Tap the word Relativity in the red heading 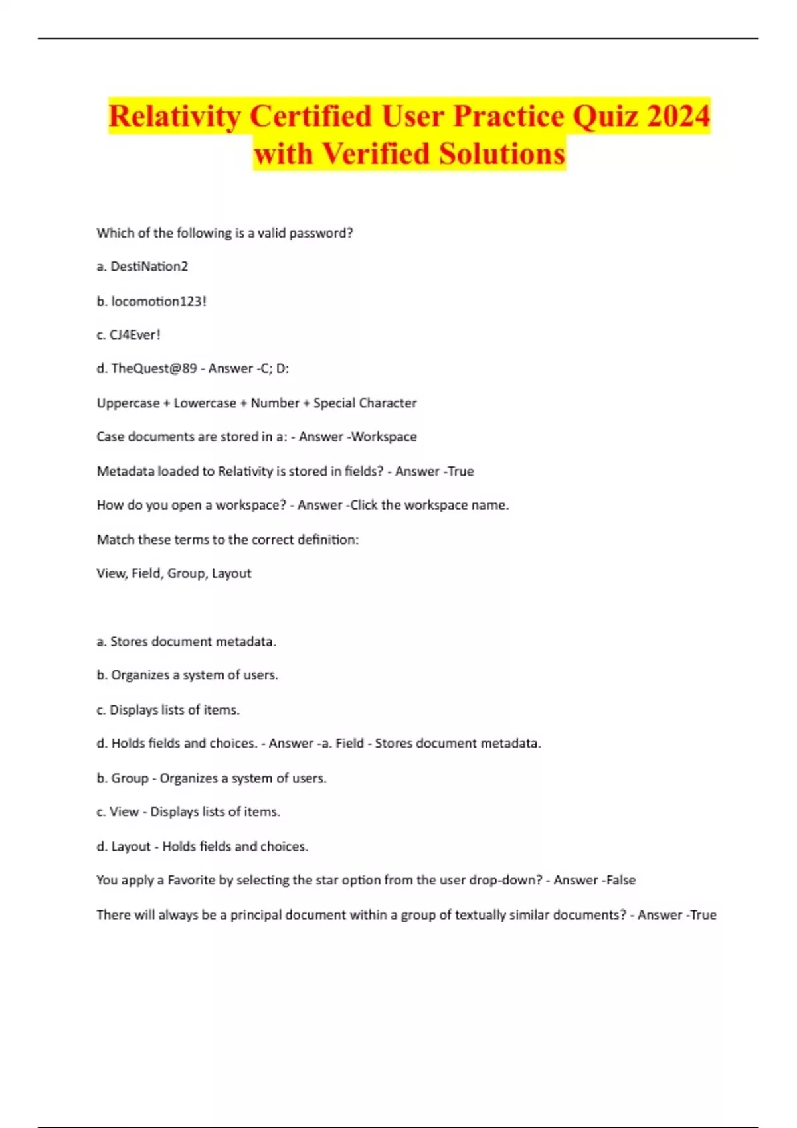[x=175, y=116]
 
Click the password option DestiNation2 [x=149, y=267]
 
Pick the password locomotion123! [x=159, y=301]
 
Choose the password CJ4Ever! [x=135, y=335]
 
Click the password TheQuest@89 [x=153, y=368]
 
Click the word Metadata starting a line [x=122, y=472]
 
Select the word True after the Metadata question [x=461, y=472]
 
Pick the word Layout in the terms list [x=231, y=573]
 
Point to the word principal [x=256, y=915]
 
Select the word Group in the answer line [x=130, y=778]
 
